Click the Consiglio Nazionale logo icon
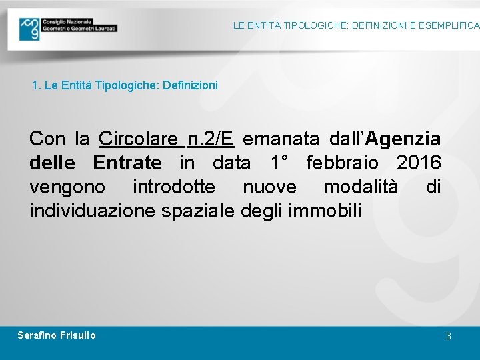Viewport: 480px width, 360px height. (29, 29)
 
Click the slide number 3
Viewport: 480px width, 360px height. (449, 336)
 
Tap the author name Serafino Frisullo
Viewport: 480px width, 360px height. (57, 335)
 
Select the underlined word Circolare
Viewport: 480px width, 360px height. (139, 139)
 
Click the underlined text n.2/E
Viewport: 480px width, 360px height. (211, 139)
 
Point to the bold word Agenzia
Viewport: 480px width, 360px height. (403, 139)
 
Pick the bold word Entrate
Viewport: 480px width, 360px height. (127, 163)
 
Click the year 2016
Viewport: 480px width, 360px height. (419, 163)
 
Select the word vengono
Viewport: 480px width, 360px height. (67, 187)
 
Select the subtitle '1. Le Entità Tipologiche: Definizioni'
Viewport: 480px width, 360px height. (125, 85)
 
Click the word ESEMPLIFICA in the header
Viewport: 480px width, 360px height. (445, 25)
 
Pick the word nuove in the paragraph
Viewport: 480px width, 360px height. (269, 187)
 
